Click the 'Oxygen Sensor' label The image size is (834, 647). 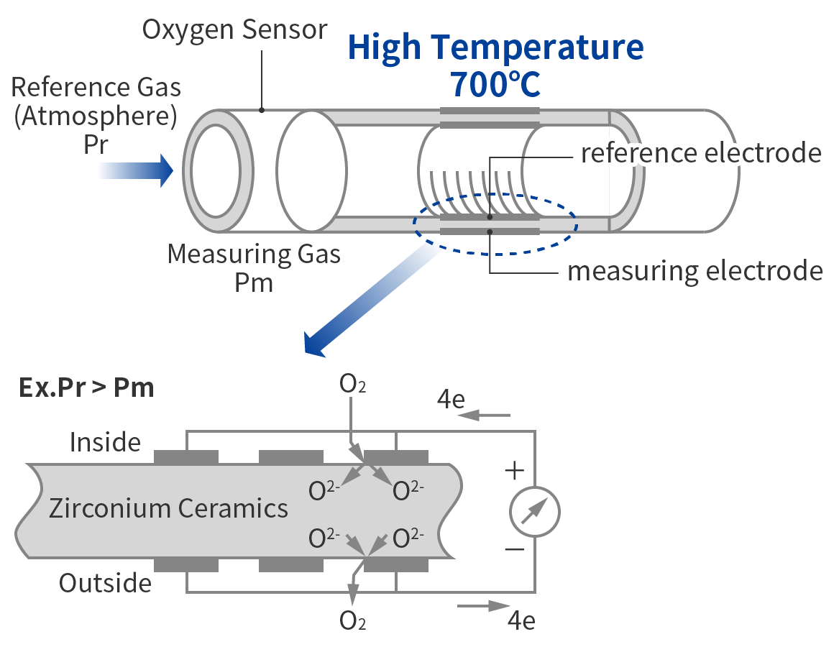coord(234,29)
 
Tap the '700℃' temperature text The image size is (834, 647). coord(495,84)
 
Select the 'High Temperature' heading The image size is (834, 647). coord(495,48)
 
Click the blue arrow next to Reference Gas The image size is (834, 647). coord(136,170)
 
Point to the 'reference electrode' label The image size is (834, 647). coord(701,153)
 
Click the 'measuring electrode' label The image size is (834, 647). coord(695,270)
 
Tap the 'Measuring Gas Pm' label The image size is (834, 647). coord(254,268)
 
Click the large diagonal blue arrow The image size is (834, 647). coord(371,301)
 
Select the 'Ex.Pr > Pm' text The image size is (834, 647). coord(86,388)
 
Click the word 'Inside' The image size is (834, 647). coord(105,442)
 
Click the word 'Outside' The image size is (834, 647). coord(105,583)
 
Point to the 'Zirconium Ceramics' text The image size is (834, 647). coord(169,508)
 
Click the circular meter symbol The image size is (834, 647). coord(534,512)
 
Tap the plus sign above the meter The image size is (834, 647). coord(514,470)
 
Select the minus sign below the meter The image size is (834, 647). coord(514,549)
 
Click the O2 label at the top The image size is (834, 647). coord(352,384)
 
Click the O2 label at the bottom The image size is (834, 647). coord(352,620)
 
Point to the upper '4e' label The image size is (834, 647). coord(451,399)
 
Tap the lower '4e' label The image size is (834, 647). coord(521,620)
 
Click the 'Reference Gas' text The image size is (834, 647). coord(96,87)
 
